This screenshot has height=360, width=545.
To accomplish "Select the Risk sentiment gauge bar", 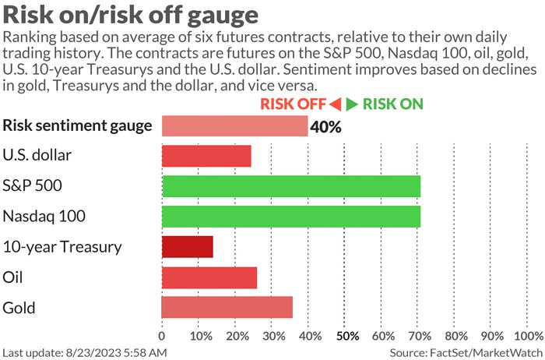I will pos(234,125).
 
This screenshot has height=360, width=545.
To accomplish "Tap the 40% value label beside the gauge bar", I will pos(325,126).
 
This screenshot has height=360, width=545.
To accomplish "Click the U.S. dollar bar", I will pos(206,156).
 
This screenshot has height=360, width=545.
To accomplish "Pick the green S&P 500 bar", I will pos(291,186).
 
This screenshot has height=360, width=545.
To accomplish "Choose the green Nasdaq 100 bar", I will pos(291,217).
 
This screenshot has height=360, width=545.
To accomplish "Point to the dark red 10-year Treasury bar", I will pos(187,247).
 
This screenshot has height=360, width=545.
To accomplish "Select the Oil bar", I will pos(209,277).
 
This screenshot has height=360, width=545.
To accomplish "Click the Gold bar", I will pos(227,307).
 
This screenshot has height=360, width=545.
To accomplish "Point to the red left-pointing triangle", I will pos(336,104).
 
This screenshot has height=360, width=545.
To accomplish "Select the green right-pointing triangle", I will pos(353,104).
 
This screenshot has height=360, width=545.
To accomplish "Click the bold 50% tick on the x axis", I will pos(346,337).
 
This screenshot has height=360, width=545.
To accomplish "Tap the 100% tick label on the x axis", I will pos(529,337).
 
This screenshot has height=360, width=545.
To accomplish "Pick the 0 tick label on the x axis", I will pos(162,337).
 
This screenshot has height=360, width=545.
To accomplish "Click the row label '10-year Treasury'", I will pos(62,247).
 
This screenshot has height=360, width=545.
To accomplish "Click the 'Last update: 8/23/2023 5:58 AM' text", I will pos(85,353).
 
